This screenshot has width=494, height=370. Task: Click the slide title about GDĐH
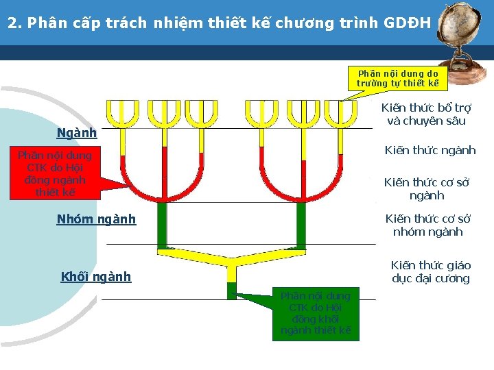220,23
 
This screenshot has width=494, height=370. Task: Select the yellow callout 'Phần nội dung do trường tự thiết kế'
397,78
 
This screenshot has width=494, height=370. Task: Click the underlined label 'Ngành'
76,133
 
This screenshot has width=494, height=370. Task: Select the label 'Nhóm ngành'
96,219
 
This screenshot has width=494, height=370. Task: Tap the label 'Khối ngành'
95,277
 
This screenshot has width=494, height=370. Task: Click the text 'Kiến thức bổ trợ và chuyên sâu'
426,114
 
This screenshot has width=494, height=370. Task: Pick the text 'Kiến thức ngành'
430,150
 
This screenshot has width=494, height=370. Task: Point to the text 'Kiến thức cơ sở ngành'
426,188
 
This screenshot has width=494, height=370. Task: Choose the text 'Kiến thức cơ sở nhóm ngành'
427,225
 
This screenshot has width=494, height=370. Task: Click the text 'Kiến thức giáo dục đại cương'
430,271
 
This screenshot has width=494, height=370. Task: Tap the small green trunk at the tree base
231,289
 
